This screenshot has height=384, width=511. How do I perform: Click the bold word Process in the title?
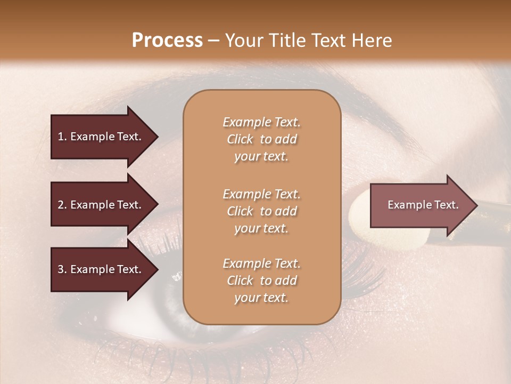[167, 41]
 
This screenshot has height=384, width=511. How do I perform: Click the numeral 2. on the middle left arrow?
[62, 205]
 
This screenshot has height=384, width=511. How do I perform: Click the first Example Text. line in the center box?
[261, 122]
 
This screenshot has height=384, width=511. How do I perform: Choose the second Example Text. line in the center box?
[261, 194]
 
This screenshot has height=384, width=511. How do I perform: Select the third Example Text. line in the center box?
[261, 263]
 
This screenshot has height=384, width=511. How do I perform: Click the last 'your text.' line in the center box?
[261, 298]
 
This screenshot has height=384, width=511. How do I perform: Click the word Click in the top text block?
[240, 140]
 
